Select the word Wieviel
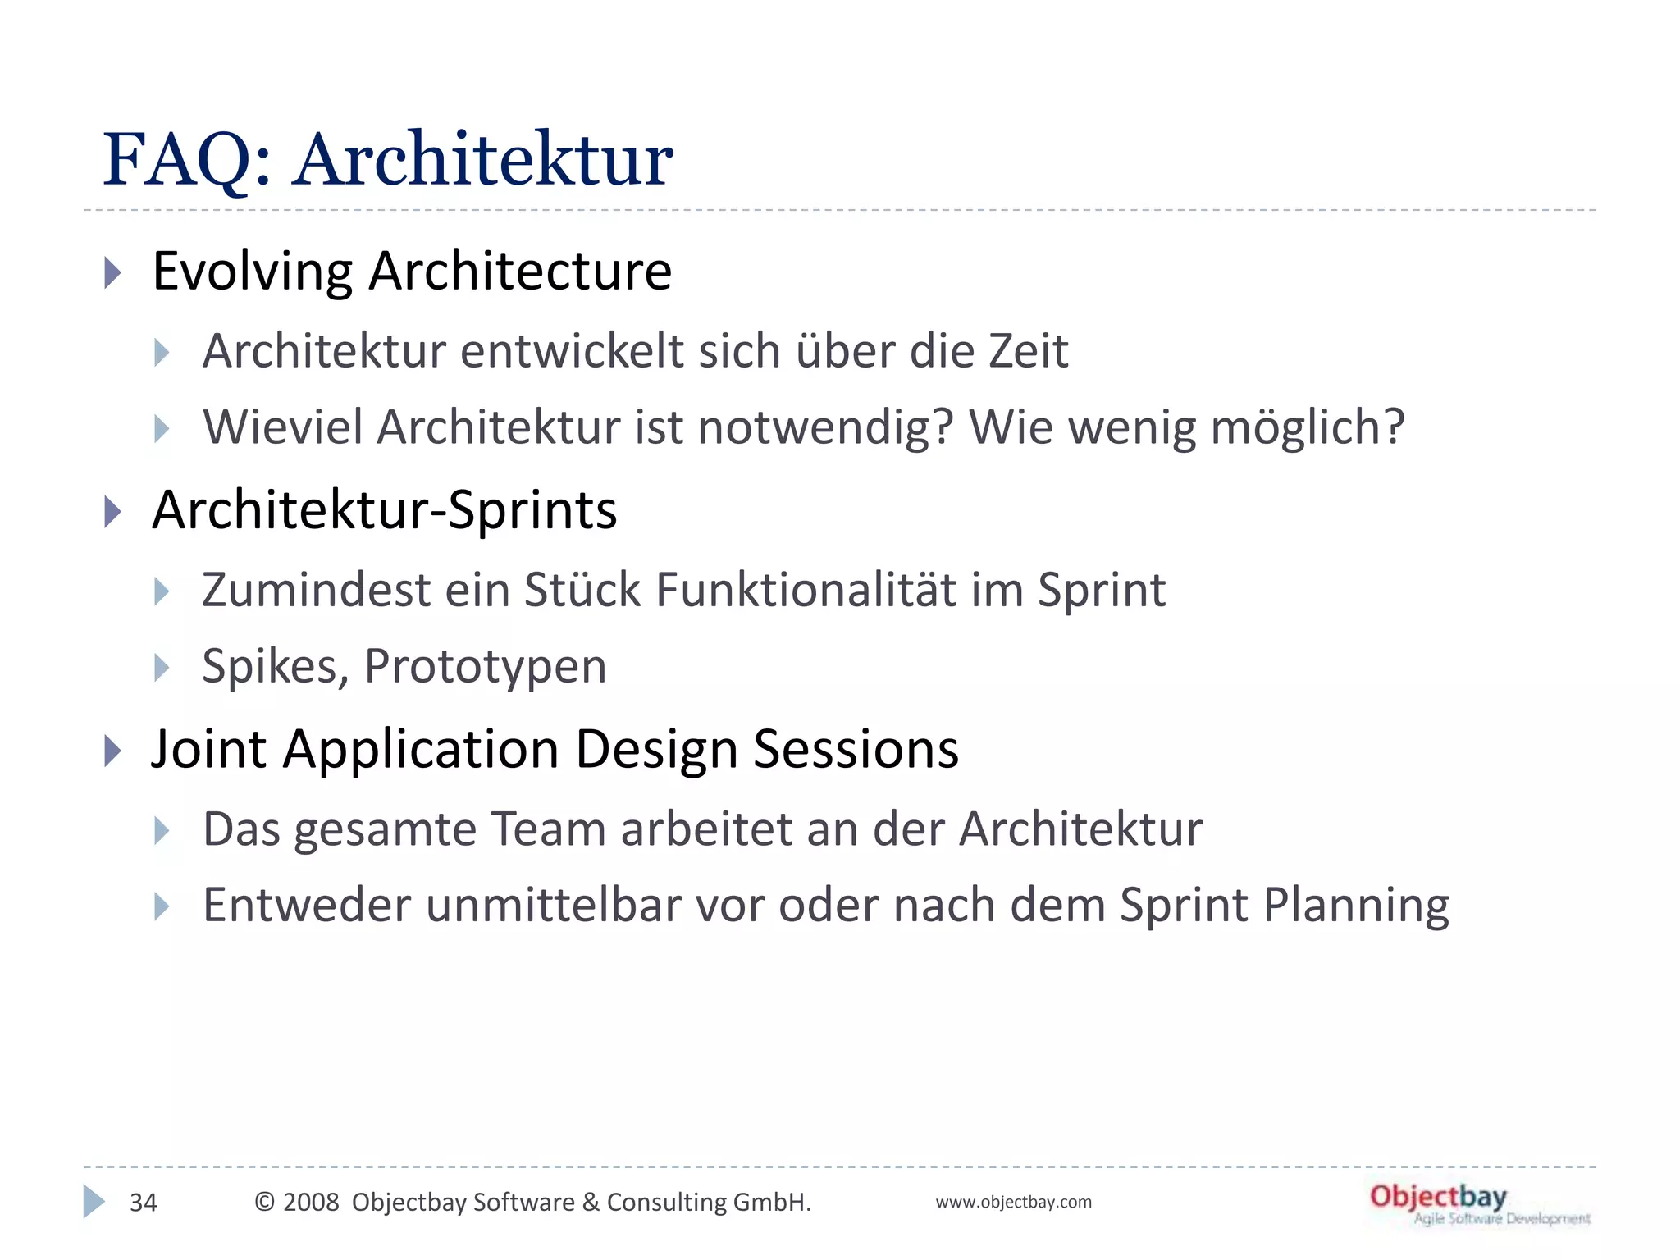pos(282,427)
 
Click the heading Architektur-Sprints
pos(384,510)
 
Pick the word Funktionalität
pos(806,590)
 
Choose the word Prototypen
pos(486,666)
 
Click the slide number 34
pos(144,1203)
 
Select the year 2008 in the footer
pos(311,1203)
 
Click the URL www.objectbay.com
pos(1013,1203)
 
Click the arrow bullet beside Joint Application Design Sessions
pos(113,751)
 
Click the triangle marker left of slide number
pos(93,1202)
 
